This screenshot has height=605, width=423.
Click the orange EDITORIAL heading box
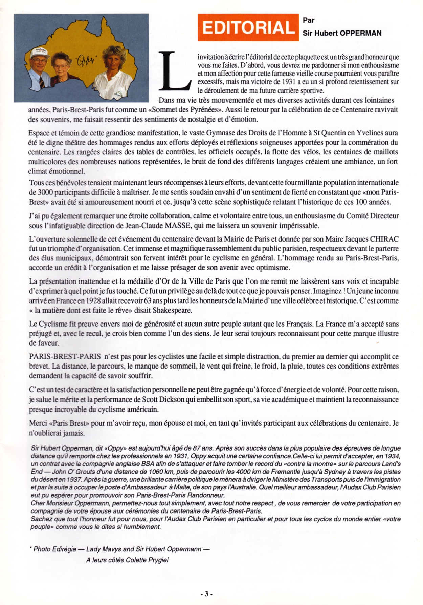click(248, 27)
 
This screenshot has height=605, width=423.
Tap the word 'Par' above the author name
click(309, 20)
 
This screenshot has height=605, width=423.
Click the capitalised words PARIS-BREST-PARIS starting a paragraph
click(65, 356)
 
